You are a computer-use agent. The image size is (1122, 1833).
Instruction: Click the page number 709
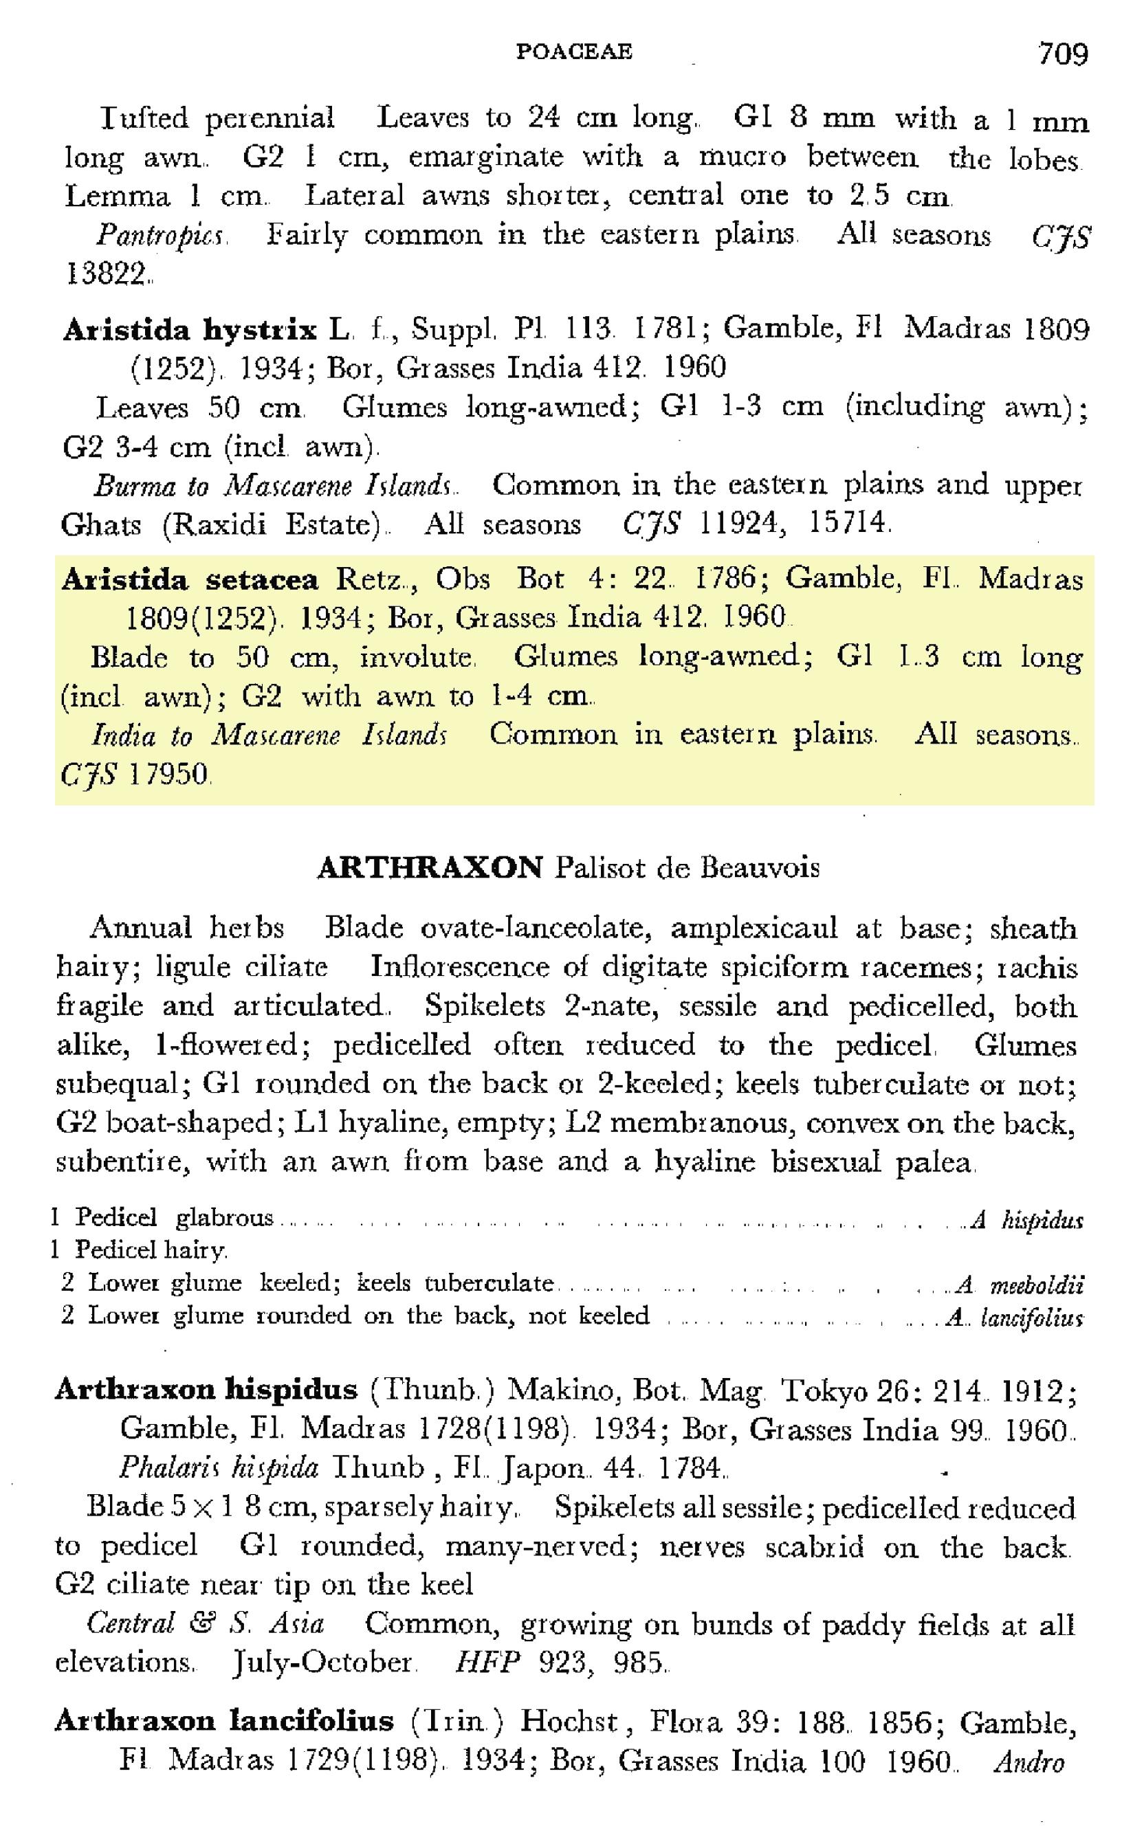pos(1062,54)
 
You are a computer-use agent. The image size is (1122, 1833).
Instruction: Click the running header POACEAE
pos(573,52)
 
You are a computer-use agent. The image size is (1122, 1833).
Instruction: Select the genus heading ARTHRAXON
pos(430,868)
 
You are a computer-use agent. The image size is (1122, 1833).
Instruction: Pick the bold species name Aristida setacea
pos(190,579)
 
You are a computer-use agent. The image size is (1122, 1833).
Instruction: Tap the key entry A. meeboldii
pos(1020,1285)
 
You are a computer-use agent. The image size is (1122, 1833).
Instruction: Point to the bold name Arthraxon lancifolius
pos(224,1721)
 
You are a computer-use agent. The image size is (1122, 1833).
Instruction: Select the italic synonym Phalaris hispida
pos(219,1468)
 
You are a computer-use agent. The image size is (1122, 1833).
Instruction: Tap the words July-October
pos(322,1661)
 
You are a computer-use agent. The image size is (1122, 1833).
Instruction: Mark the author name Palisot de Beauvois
pos(687,868)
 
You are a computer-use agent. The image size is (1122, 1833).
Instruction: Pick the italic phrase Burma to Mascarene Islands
pos(273,487)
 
